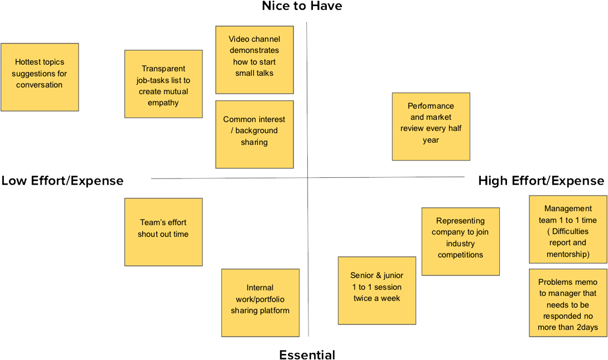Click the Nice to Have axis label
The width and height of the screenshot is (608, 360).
click(x=302, y=6)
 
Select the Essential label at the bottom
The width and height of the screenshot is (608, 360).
click(x=307, y=355)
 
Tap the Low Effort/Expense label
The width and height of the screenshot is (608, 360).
click(x=62, y=181)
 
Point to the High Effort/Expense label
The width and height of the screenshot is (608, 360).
click(x=541, y=181)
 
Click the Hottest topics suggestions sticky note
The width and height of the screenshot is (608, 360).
click(x=40, y=77)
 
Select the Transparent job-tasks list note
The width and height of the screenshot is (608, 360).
click(x=163, y=84)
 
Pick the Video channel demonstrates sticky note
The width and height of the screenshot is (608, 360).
click(x=254, y=60)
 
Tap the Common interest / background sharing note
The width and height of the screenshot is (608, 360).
click(x=254, y=134)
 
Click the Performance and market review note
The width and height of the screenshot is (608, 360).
click(x=431, y=126)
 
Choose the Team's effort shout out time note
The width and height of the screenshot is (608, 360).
click(x=163, y=232)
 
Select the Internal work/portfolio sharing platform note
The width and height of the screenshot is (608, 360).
click(x=260, y=302)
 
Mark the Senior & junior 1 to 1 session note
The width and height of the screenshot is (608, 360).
click(x=376, y=290)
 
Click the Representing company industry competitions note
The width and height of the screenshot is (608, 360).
click(x=460, y=241)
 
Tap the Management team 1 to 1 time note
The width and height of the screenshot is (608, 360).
click(x=568, y=229)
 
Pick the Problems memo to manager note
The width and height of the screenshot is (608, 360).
click(x=568, y=302)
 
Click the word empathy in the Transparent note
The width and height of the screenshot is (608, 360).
click(x=163, y=103)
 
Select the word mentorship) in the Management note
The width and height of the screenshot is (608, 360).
click(x=568, y=254)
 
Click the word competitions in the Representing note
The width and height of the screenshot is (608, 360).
click(x=460, y=255)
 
